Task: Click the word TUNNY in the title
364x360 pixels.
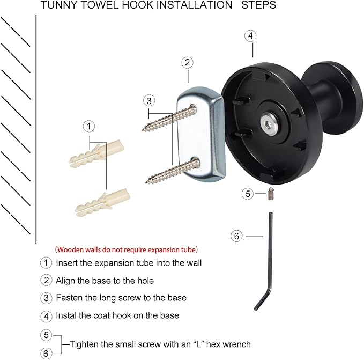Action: pyautogui.click(x=55, y=5)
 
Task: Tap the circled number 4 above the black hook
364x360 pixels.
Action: pyautogui.click(x=250, y=35)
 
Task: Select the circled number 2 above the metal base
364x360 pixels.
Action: pyautogui.click(x=186, y=62)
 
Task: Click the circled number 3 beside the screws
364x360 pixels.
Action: pyautogui.click(x=149, y=100)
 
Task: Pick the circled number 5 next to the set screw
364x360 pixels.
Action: pyautogui.click(x=247, y=194)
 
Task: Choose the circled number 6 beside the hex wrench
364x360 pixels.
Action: pyautogui.click(x=237, y=236)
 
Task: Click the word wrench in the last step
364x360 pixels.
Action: pyautogui.click(x=237, y=344)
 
